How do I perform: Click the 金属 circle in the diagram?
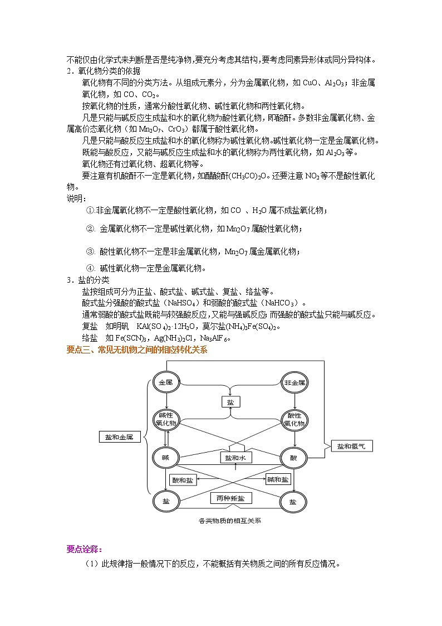[166, 383]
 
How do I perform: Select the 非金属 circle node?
[294, 383]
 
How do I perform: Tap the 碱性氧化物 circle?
[166, 420]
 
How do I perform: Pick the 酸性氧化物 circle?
[294, 420]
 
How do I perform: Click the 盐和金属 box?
[119, 438]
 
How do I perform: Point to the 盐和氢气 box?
[351, 446]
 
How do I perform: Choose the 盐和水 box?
[235, 458]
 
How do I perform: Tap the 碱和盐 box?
[278, 479]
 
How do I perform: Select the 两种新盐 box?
[230, 498]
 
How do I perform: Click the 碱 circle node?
[166, 458]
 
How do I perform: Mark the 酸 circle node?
[294, 458]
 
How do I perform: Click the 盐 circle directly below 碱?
[166, 501]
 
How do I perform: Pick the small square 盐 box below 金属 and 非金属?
[230, 402]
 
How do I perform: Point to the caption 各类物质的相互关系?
[230, 521]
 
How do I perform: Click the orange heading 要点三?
[136, 350]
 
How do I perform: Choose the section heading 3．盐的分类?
[89, 280]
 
